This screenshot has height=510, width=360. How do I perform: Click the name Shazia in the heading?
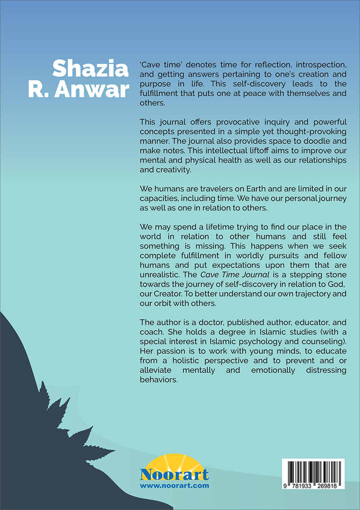point(90,69)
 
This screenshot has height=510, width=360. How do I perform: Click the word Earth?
point(248,188)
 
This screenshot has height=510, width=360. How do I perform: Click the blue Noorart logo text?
point(174,474)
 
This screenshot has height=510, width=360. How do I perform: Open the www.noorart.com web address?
point(174,486)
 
